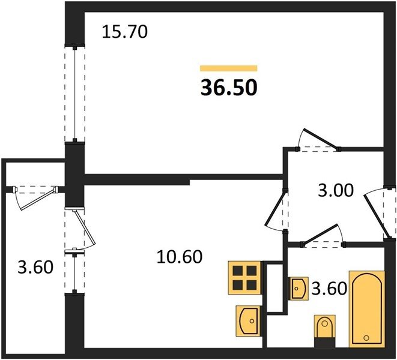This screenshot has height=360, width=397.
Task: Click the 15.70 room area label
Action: [124, 32]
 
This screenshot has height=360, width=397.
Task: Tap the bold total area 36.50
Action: [229, 88]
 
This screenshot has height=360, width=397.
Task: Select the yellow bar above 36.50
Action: [229, 68]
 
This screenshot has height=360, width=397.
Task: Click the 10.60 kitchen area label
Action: [180, 257]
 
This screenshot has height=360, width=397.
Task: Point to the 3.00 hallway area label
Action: [336, 190]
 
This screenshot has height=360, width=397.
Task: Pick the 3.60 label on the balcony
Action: [35, 267]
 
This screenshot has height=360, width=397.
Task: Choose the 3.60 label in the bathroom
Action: [329, 289]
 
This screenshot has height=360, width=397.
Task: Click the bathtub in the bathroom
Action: [366, 309]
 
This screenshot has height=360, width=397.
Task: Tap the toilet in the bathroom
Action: [325, 331]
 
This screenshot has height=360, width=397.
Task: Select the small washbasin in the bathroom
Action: [299, 289]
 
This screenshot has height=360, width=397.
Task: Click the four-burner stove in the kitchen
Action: [244, 278]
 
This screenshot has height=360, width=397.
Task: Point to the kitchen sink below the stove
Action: [248, 321]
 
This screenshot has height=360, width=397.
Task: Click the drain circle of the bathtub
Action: [366, 337]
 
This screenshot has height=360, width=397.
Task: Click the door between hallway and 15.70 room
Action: [318, 140]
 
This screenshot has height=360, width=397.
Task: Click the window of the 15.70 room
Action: [74, 94]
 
